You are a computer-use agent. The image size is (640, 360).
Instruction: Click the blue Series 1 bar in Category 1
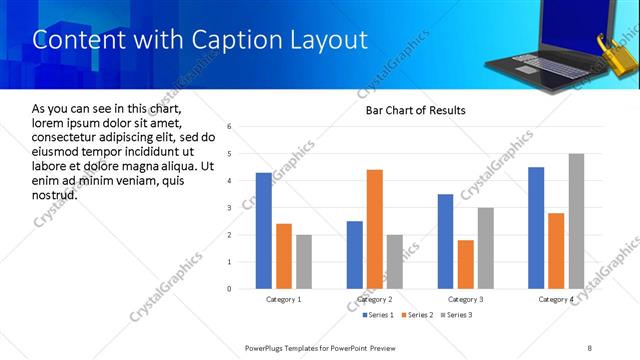(x=263, y=231)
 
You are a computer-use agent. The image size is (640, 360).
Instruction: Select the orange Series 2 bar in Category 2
(x=375, y=229)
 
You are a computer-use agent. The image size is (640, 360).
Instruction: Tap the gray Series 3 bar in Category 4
(x=576, y=221)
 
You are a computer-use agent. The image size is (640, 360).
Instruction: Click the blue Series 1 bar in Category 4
(x=536, y=228)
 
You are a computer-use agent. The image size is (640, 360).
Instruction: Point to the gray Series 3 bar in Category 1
(x=303, y=262)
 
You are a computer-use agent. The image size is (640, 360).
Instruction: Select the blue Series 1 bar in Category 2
(x=355, y=255)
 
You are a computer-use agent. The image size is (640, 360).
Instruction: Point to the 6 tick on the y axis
(x=230, y=127)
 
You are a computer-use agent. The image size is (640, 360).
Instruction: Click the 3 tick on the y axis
(x=230, y=208)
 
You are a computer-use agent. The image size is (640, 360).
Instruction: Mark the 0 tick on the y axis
(x=230, y=289)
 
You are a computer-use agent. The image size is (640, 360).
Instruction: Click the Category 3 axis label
(x=466, y=299)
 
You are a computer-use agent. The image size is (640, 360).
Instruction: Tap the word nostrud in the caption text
(x=55, y=193)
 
